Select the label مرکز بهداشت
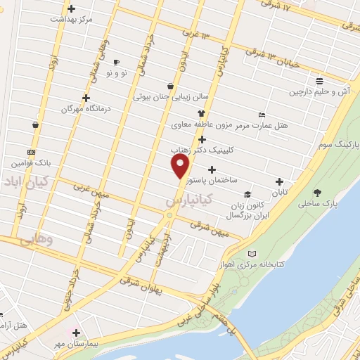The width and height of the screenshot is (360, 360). (x=71, y=19)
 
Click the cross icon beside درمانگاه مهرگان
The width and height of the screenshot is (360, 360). (x=86, y=98)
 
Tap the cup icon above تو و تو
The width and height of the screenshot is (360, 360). (x=115, y=62)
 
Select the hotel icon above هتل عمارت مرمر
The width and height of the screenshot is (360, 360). (x=262, y=115)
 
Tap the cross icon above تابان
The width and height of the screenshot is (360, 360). (x=280, y=181)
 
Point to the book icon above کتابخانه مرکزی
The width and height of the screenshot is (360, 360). (x=253, y=254)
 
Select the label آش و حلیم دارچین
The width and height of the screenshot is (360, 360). (x=320, y=92)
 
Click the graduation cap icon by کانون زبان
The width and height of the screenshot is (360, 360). (x=247, y=194)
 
